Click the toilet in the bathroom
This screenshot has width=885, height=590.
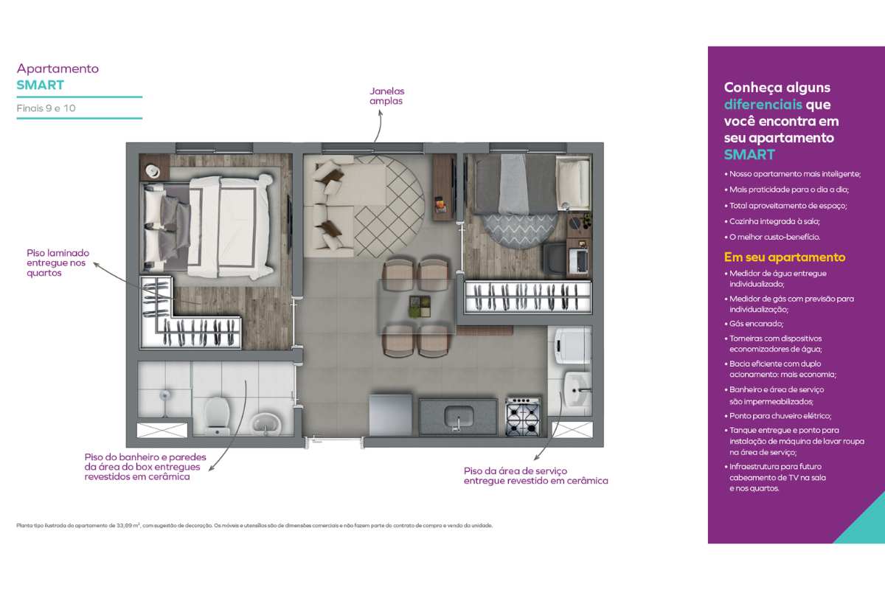tap(217, 416)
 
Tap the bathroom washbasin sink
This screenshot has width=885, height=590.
tap(265, 423)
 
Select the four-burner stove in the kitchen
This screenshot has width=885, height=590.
tap(522, 417)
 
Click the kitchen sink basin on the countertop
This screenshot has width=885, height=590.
tap(459, 417)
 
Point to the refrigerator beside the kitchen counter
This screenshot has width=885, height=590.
tap(390, 414)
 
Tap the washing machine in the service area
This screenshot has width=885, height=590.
tap(572, 345)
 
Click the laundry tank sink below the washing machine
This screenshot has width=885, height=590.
tap(577, 389)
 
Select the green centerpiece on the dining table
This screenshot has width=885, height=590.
tap(420, 306)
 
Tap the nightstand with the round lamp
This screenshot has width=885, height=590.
tap(154, 167)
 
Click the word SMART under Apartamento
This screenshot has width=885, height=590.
tap(40, 85)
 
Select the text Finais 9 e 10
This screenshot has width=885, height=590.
tap(46, 108)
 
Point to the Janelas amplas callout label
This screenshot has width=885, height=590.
tap(386, 96)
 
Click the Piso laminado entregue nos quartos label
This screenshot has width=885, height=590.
tap(58, 263)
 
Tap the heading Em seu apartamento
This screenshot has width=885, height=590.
tap(785, 257)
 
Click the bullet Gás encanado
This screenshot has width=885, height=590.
tap(754, 324)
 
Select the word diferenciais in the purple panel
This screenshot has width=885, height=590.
tap(763, 104)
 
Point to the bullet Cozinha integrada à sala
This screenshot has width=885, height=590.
tap(772, 221)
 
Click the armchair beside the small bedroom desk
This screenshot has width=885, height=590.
tap(554, 258)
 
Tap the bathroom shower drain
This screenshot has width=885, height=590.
tap(164, 395)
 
